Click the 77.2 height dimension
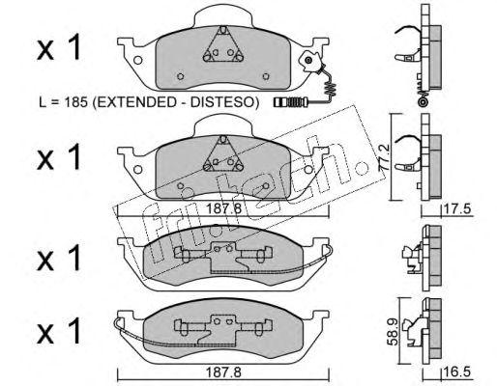pyautogui.click(x=385, y=156)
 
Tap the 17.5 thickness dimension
pyautogui.click(x=457, y=209)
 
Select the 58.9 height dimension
pyautogui.click(x=394, y=332)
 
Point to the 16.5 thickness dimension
pyautogui.click(x=457, y=372)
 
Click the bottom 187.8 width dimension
pyautogui.click(x=223, y=372)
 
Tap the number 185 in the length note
pyautogui.click(x=75, y=102)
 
